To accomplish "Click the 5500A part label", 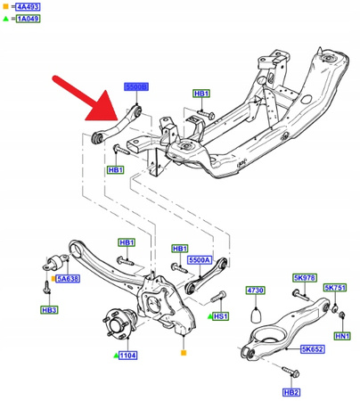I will point(200,259).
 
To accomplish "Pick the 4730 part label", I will point(256,291).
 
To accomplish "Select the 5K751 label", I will point(336,288).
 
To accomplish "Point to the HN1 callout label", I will point(341,336).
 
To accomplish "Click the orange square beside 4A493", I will point(6,8).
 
